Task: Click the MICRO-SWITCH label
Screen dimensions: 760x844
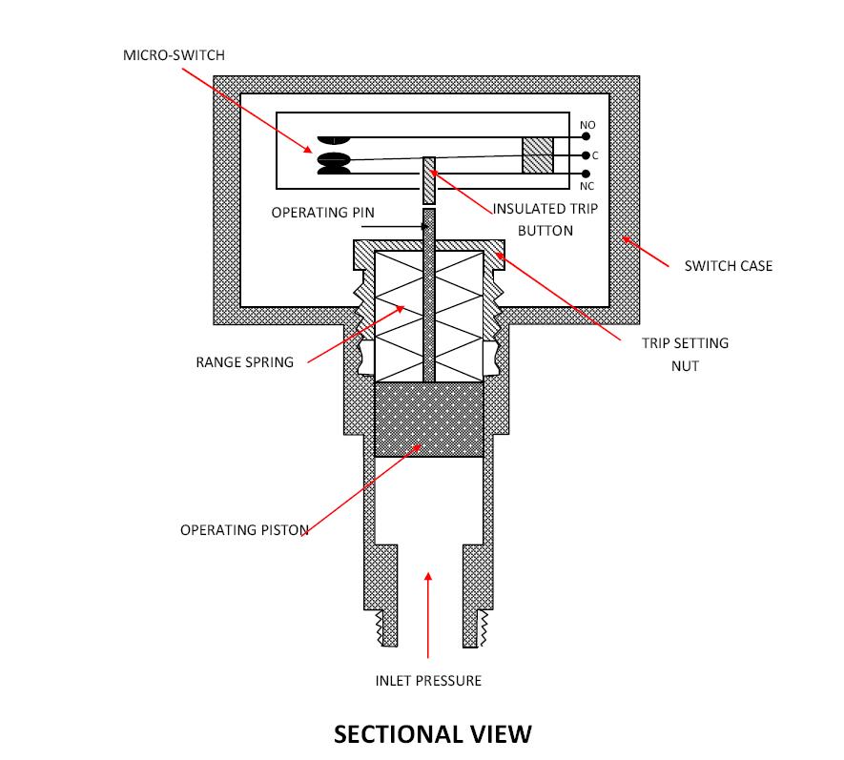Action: coord(174,55)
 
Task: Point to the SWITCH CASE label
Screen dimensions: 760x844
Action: coord(729,265)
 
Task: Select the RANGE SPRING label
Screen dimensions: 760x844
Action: coord(245,361)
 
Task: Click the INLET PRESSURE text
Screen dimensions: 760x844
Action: coord(428,680)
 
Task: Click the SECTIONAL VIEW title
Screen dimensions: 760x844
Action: coord(432,733)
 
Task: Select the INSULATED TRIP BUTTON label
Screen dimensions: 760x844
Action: coord(546,219)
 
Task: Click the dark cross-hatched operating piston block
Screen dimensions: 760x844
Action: coord(429,420)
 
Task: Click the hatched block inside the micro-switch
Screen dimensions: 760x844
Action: coord(538,155)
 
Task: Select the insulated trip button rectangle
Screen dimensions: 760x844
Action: coord(429,180)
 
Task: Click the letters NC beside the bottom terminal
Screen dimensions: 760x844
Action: coord(587,186)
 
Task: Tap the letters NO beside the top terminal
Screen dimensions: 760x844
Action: coord(587,125)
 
